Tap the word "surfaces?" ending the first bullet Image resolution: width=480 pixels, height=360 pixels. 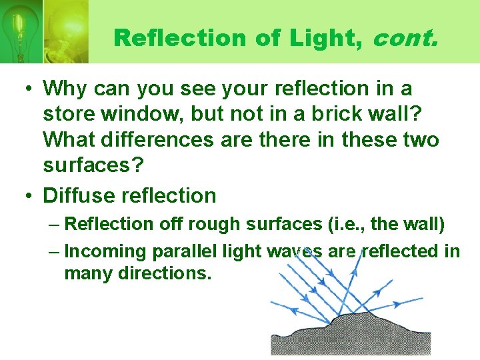[93, 166]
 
